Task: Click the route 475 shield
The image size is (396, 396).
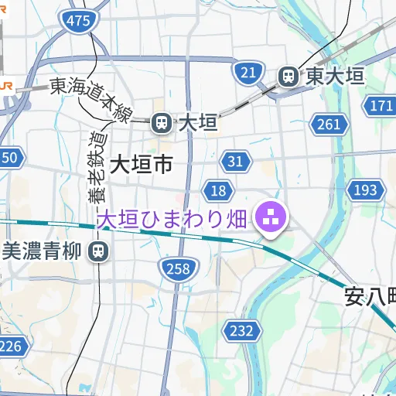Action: click(x=78, y=22)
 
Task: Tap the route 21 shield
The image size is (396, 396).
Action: click(x=247, y=73)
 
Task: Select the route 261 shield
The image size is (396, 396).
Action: click(x=328, y=124)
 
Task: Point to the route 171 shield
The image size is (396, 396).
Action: click(x=381, y=106)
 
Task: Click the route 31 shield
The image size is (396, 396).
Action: click(x=236, y=161)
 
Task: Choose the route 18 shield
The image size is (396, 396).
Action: click(x=219, y=190)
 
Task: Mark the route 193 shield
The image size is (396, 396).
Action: click(x=365, y=190)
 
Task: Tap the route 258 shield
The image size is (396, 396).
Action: click(x=177, y=268)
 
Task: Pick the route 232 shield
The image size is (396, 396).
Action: click(x=241, y=331)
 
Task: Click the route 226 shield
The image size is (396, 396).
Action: click(x=10, y=346)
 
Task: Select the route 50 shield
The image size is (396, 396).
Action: click(x=9, y=159)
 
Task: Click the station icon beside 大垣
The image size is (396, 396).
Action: click(x=162, y=122)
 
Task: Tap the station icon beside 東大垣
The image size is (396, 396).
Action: click(x=288, y=76)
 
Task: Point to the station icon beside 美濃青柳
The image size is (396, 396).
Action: click(x=98, y=251)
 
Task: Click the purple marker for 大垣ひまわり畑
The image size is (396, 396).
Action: click(x=271, y=219)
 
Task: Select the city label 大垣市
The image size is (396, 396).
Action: click(x=141, y=164)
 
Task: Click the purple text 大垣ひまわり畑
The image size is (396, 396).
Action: click(x=171, y=219)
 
